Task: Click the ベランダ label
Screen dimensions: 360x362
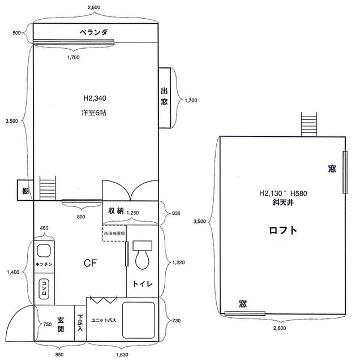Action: coord(93,32)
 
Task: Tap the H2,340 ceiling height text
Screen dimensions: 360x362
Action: coord(95,98)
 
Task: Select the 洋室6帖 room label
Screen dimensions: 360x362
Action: coord(94,113)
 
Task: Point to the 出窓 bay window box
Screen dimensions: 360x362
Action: coord(165,98)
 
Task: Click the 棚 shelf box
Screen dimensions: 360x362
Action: coord(25,190)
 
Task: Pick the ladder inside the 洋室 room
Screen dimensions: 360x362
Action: coord(48,188)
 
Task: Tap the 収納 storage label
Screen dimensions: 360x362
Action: coord(116,211)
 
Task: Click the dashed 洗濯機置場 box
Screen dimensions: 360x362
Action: coord(114,233)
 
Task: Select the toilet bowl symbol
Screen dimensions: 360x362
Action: coord(142,255)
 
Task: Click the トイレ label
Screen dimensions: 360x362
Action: coord(143,283)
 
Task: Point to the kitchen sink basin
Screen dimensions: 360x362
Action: coord(44,251)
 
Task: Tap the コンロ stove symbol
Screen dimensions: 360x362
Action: coord(44,289)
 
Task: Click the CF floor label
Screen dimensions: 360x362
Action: coord(90,263)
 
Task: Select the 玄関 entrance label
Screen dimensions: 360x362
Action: coord(61,324)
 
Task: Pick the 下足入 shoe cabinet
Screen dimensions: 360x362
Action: coord(80,323)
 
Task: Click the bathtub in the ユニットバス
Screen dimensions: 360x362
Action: coord(139,320)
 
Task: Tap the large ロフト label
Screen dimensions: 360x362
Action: coord(283,230)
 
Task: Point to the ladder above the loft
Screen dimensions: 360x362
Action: coord(309,124)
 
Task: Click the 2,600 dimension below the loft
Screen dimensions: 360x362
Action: coord(280,328)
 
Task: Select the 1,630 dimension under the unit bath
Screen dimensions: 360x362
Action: coord(122,355)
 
